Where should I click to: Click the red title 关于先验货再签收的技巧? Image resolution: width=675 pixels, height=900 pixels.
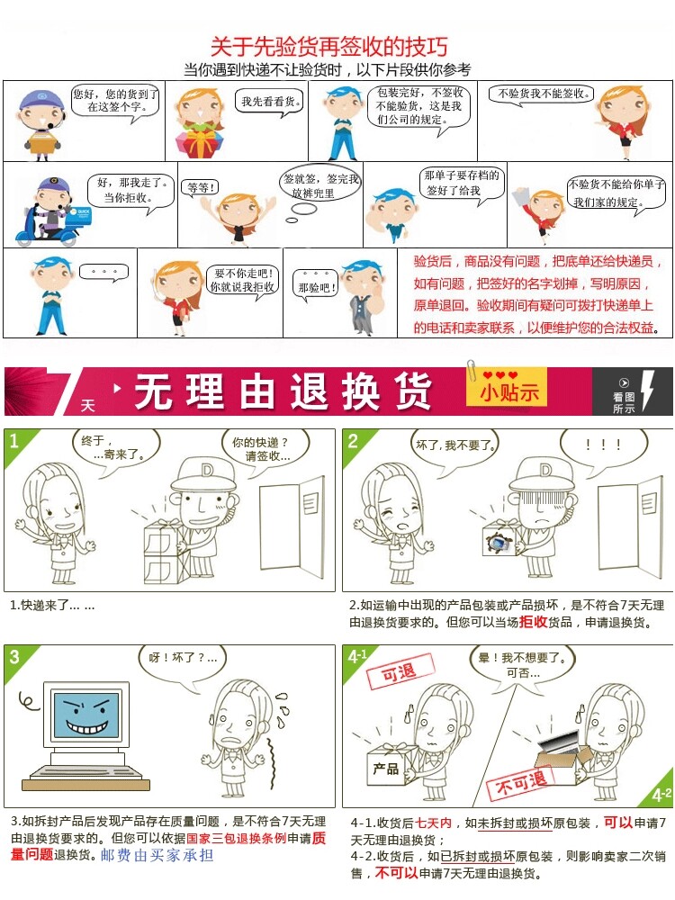[x=328, y=47]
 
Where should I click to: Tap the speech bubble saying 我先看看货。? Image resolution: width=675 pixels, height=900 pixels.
[x=270, y=103]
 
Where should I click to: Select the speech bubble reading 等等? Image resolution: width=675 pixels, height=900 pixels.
[x=199, y=188]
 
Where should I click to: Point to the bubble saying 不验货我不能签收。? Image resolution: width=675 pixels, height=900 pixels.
[x=542, y=94]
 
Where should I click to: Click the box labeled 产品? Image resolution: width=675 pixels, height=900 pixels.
[x=386, y=767]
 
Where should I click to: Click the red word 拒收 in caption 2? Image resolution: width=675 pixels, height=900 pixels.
[x=533, y=622]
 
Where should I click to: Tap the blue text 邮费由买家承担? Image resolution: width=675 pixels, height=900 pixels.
[x=157, y=855]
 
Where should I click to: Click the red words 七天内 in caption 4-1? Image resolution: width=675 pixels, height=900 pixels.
[x=434, y=823]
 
